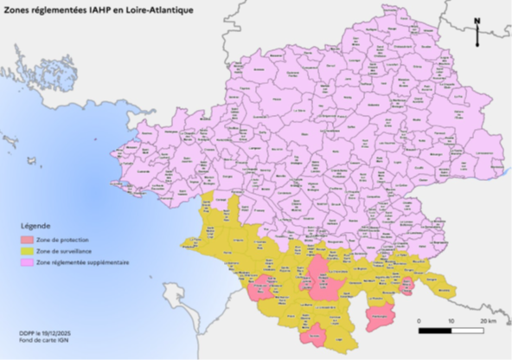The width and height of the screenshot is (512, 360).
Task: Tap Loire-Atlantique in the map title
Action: [158, 10]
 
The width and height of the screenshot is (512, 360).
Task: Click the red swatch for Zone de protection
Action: [29, 239]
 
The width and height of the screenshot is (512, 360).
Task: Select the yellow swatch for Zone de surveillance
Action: [29, 250]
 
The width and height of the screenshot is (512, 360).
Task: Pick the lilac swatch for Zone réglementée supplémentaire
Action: [29, 261]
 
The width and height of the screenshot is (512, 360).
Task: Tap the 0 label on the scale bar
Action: [419, 320]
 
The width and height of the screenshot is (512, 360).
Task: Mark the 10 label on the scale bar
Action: [451, 320]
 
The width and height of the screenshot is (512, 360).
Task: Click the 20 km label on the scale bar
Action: [487, 320]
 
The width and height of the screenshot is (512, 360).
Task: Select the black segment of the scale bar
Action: [435, 330]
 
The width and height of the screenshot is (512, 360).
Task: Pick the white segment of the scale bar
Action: [469, 330]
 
